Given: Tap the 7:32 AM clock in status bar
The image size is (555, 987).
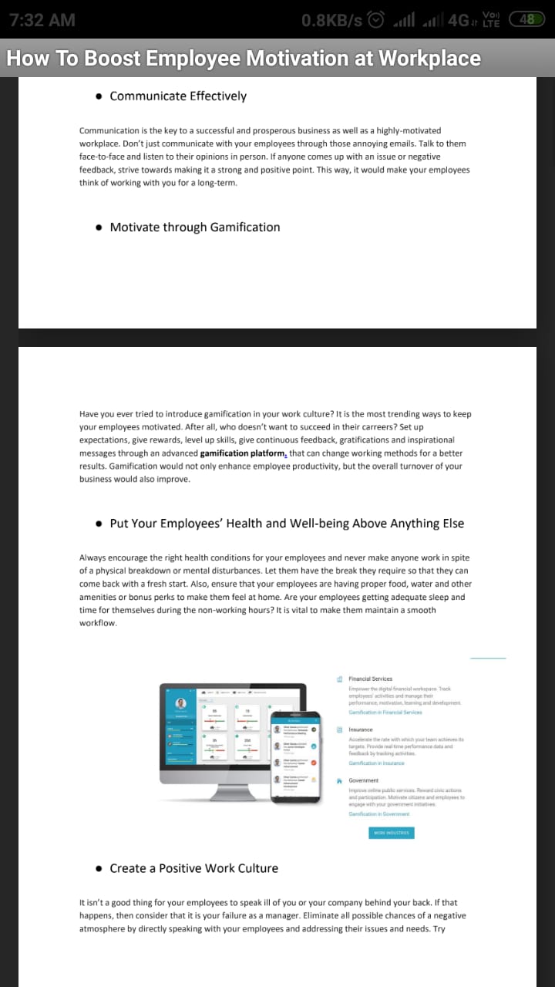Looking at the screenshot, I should coord(42,20).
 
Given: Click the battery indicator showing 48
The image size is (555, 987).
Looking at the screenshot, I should coord(528,20).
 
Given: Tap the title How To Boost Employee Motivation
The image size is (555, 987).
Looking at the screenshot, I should coord(244,59).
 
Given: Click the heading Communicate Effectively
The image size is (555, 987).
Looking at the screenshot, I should coord(178,96).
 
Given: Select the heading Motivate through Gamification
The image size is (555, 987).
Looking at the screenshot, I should coord(194,227).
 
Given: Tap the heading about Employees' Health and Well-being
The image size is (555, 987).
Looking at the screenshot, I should coord(287,523).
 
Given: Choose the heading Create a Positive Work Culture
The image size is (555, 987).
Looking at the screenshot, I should coord(193,868).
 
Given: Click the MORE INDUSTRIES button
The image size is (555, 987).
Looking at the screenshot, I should coord(392,833).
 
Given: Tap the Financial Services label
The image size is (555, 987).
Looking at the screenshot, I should coord(370,679).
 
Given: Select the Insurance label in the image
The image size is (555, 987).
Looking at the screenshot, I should coord(360,729).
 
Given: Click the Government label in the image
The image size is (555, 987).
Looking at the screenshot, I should coord(363,780).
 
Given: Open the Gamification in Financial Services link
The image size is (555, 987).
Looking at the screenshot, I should coord(385,712).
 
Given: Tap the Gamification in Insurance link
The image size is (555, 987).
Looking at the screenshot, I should coord(376,763).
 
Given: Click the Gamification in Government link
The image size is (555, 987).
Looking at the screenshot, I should coord(378,814).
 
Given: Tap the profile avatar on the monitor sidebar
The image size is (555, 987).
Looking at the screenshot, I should coord(181,703).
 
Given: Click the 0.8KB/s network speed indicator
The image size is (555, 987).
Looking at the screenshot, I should coord(332,20).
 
